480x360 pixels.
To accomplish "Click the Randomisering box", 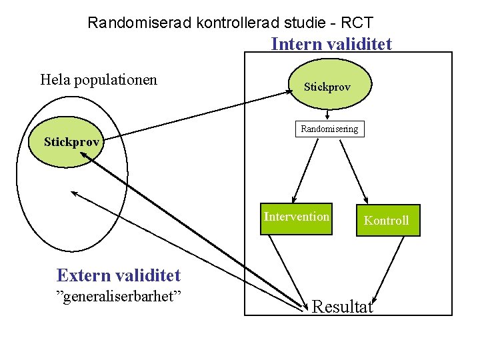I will pos(329,129).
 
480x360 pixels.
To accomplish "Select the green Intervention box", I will pos(297,219).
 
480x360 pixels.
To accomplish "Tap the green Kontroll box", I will pos(387,220).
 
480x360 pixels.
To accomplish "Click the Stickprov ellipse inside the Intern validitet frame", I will pos(327,87).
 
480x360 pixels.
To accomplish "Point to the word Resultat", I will pos(343,307).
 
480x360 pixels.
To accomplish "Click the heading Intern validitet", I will pos(331,44).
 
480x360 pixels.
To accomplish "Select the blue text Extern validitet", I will pos(119,275).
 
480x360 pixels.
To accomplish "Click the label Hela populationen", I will pos(99,80).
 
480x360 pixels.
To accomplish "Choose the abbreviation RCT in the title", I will pos(357,23).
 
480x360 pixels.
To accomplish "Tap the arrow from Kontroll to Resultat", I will pos(390,270).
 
